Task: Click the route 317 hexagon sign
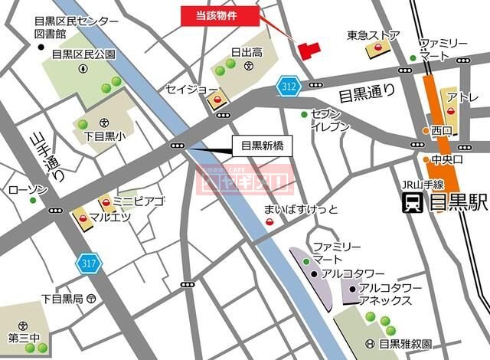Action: [x=86, y=263]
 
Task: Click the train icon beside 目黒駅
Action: [x=414, y=203]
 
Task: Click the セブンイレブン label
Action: [x=330, y=119]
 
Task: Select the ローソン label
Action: [x=28, y=189]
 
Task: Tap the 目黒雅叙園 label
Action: [x=405, y=344]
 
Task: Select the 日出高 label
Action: [x=247, y=52]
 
